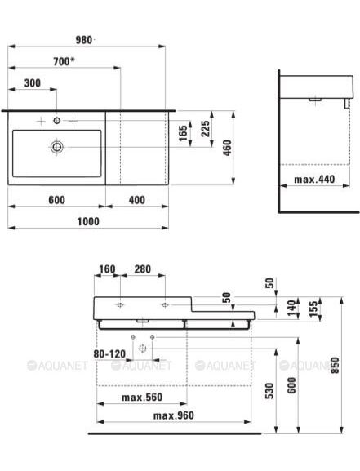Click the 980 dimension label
click(x=83, y=40)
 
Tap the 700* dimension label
click(x=64, y=61)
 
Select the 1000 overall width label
click(x=88, y=222)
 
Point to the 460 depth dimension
click(x=228, y=148)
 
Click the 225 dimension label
click(x=206, y=128)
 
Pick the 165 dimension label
click(x=183, y=133)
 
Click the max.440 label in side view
click(x=314, y=180)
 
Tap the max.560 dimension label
click(x=142, y=398)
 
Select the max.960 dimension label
click(x=174, y=415)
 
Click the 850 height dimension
click(x=335, y=365)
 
